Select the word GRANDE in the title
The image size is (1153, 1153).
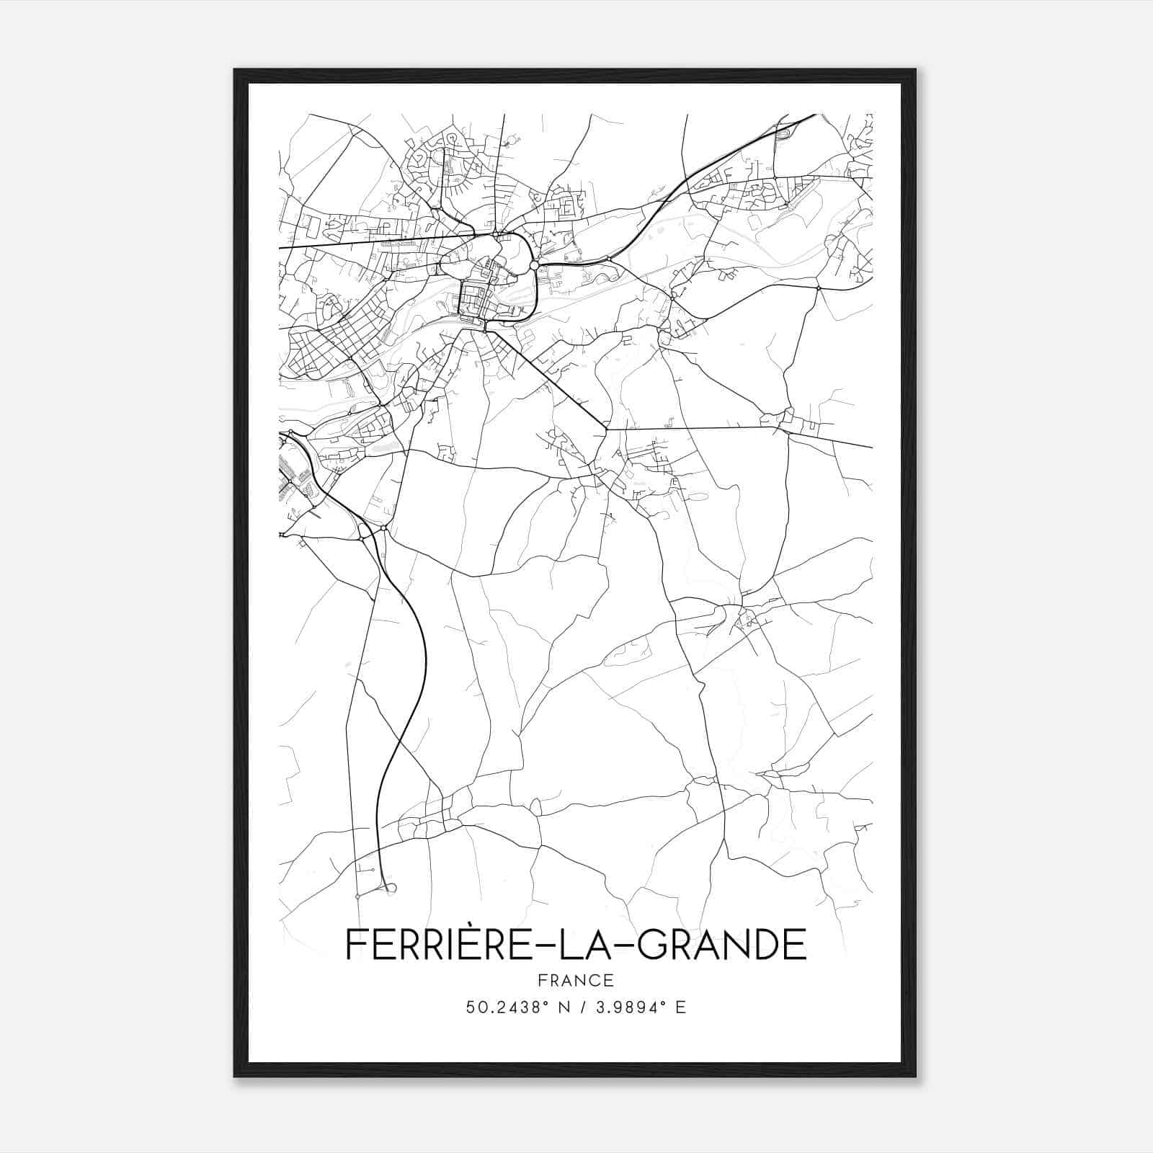click(723, 945)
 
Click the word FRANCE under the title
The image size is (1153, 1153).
click(576, 980)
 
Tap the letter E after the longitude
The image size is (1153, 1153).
click(681, 1007)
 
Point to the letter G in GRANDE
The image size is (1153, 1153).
click(654, 945)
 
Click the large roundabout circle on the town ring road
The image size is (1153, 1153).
click(534, 266)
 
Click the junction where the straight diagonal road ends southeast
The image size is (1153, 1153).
click(607, 429)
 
